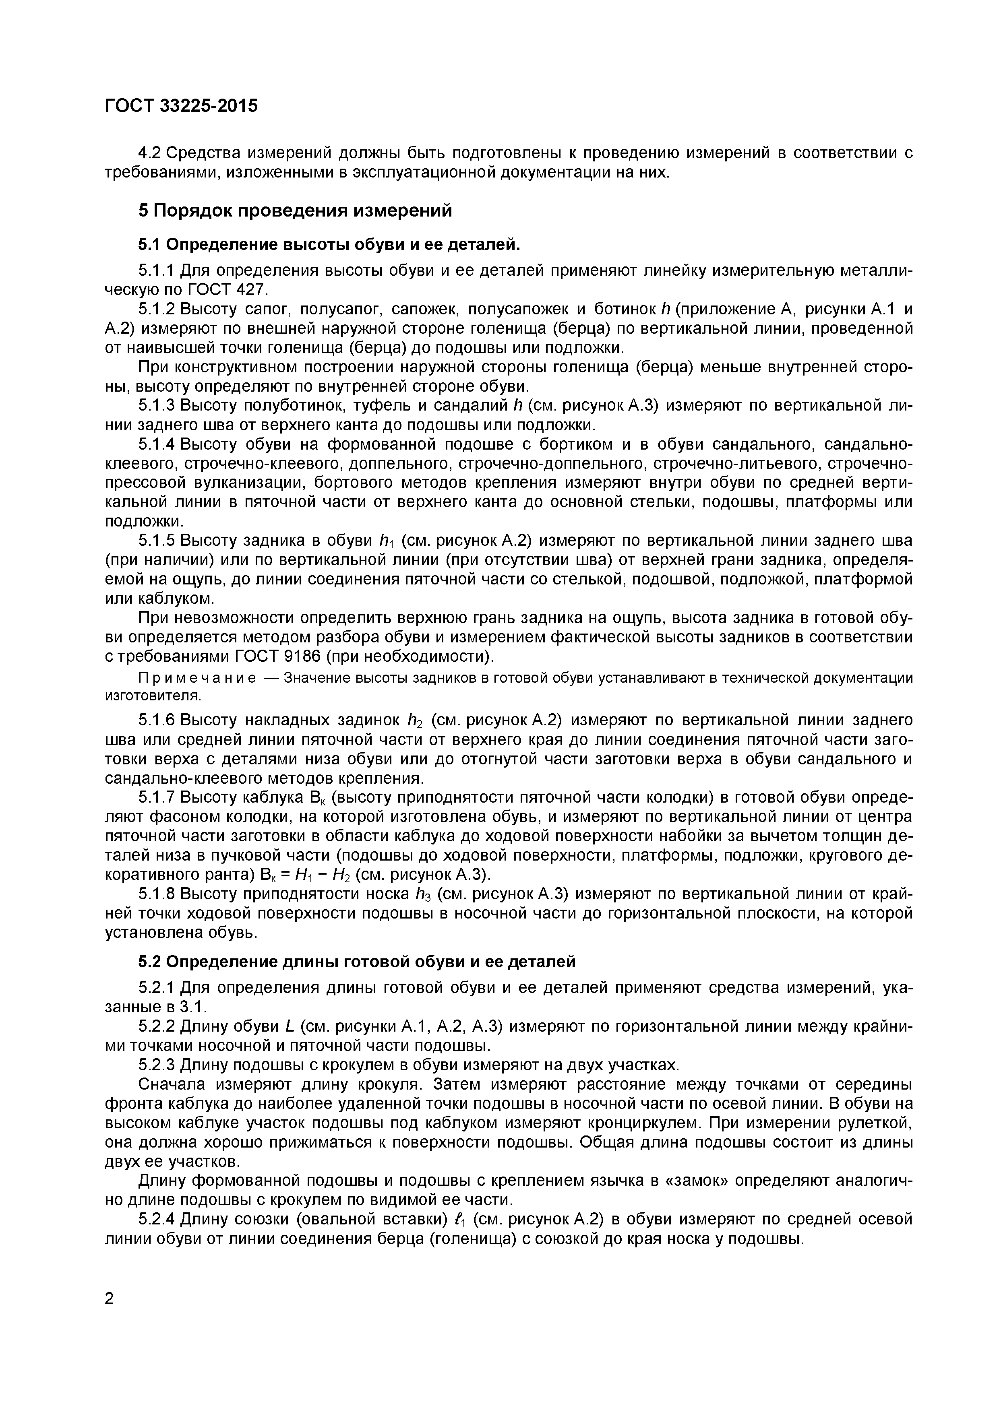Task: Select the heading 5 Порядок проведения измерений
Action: click(295, 211)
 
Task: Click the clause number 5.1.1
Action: click(157, 270)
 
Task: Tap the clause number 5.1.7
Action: click(157, 798)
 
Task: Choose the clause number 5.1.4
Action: click(157, 444)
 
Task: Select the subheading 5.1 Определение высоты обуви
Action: click(329, 245)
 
